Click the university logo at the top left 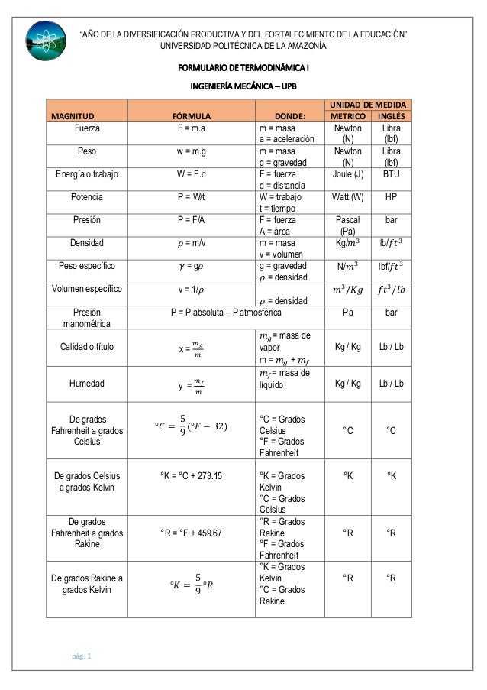click(x=47, y=39)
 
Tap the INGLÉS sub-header click(x=392, y=116)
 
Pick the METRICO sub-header click(x=348, y=116)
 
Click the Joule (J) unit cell click(x=348, y=173)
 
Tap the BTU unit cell click(x=392, y=173)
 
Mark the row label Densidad click(x=86, y=242)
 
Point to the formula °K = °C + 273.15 click(x=191, y=475)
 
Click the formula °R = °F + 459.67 click(x=191, y=533)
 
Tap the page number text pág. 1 click(x=78, y=656)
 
